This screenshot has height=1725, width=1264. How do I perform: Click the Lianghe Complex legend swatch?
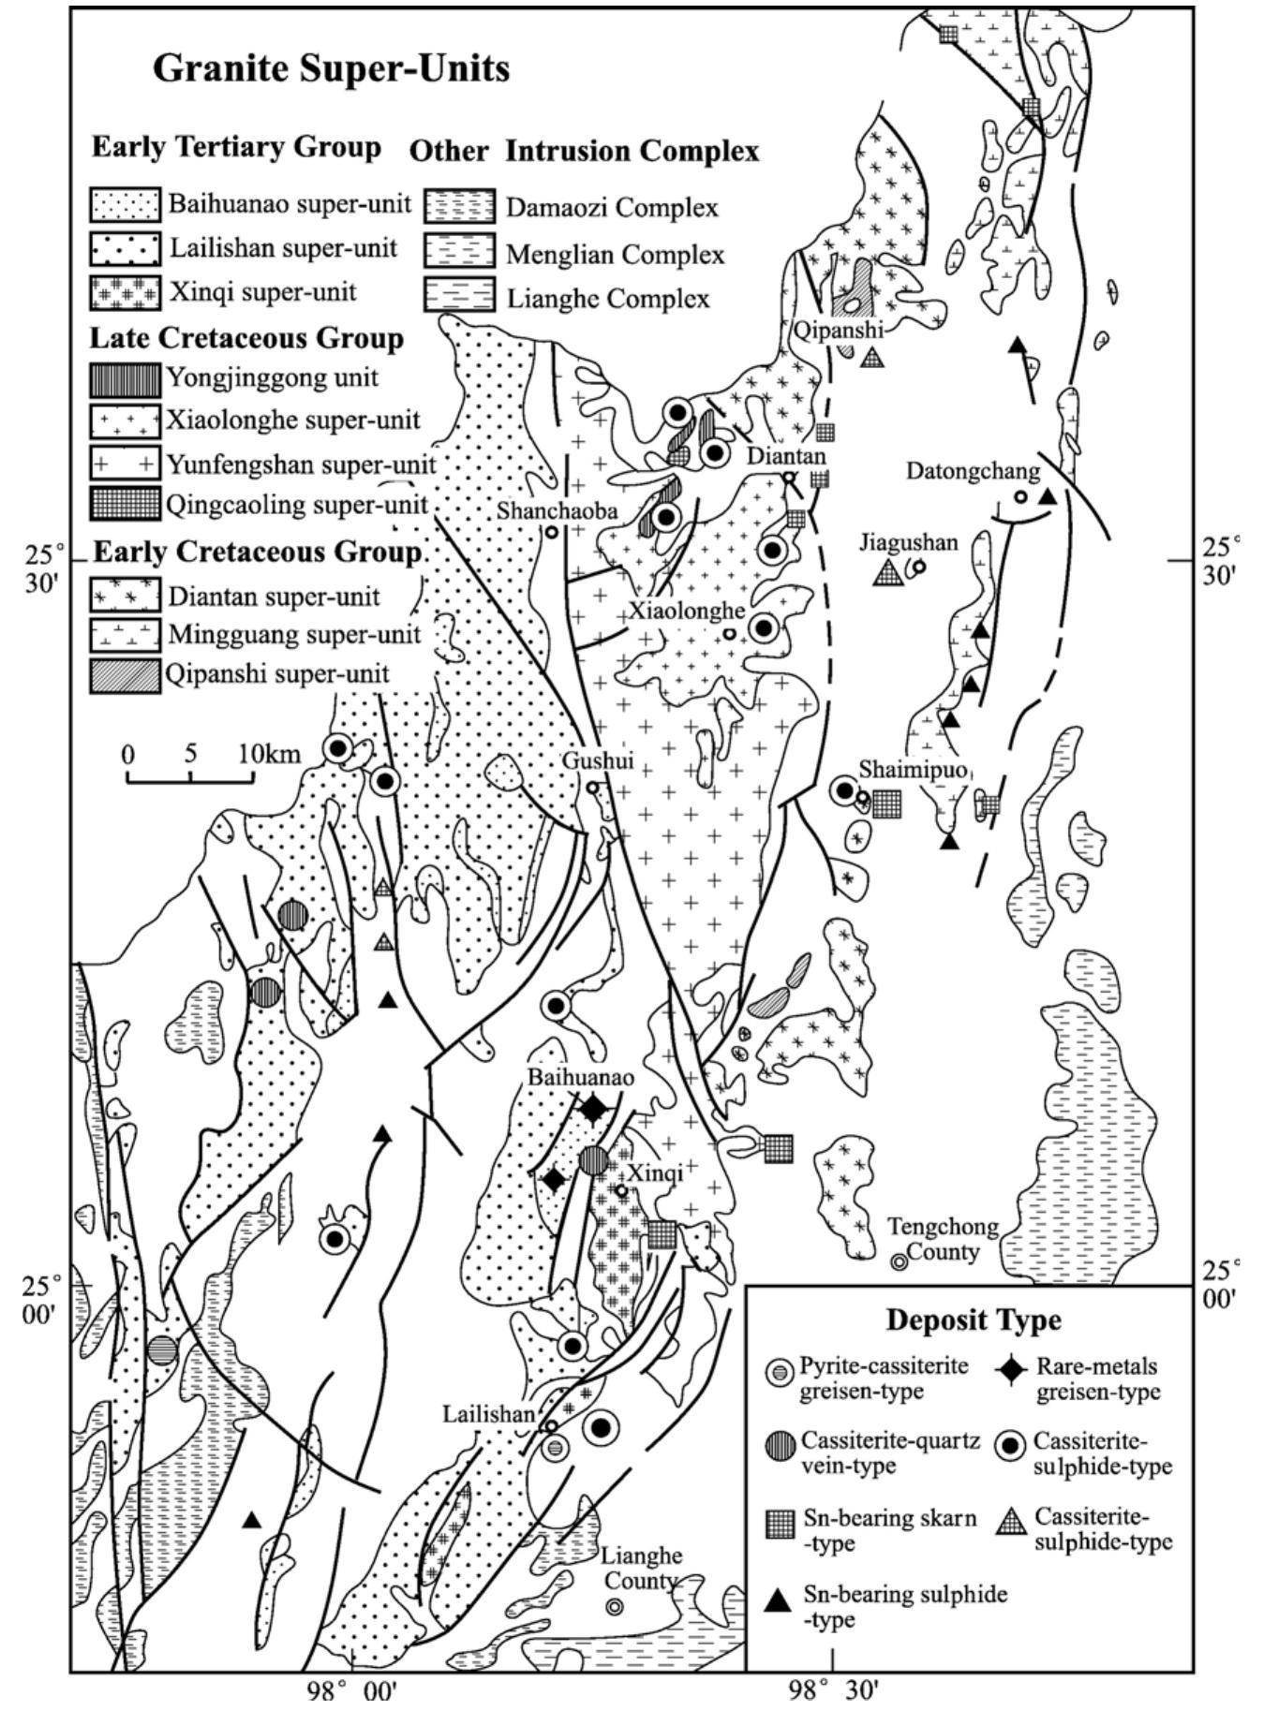pos(458,298)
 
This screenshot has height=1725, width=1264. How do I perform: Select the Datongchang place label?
pos(974,471)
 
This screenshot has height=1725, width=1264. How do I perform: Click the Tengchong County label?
pos(943,1239)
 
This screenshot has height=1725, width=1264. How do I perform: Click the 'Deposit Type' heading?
pos(974,1320)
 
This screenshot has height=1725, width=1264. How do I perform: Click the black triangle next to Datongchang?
pos(1048,495)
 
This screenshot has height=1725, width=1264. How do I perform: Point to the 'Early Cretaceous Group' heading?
pos(258,553)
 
